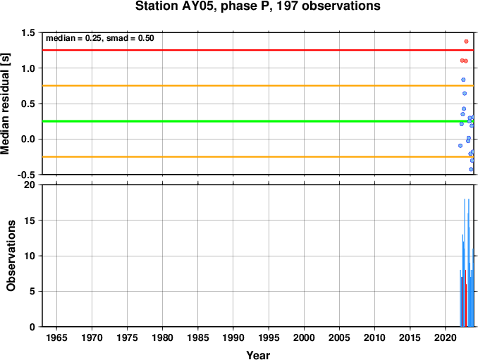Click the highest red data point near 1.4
point(466,42)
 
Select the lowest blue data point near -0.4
point(471,169)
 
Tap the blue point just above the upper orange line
point(463,80)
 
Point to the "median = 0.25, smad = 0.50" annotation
point(100,38)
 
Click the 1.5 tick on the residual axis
point(28,33)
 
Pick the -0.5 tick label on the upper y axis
point(26,175)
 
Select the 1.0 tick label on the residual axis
point(28,68)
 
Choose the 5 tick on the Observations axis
point(32,292)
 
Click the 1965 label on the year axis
point(56,337)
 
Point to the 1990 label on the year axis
point(233,337)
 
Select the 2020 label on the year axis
point(446,337)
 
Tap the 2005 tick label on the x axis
point(339,337)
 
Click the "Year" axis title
point(258,355)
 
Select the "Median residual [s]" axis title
point(5,104)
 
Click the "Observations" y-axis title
point(11,256)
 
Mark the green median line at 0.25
point(258,121)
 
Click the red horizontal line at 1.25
point(258,50)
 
